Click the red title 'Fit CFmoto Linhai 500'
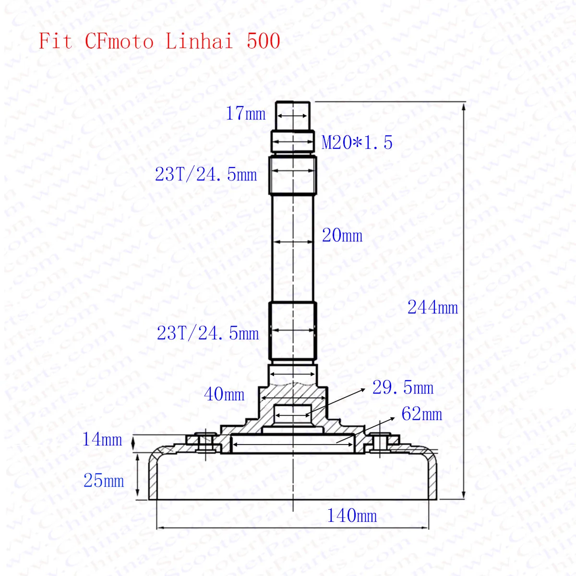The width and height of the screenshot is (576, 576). point(159,41)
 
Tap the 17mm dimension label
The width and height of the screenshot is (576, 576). point(245,114)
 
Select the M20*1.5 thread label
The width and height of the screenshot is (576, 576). point(357,142)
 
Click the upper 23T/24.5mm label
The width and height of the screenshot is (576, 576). point(206,175)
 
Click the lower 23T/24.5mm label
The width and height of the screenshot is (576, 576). point(208,333)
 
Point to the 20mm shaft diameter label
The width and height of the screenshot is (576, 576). point(342,236)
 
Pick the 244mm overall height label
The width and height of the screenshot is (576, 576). point(432,307)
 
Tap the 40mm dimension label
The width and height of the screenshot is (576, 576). point(224,394)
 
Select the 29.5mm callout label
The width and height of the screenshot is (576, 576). point(403,388)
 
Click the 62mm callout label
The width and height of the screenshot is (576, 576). point(421,414)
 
